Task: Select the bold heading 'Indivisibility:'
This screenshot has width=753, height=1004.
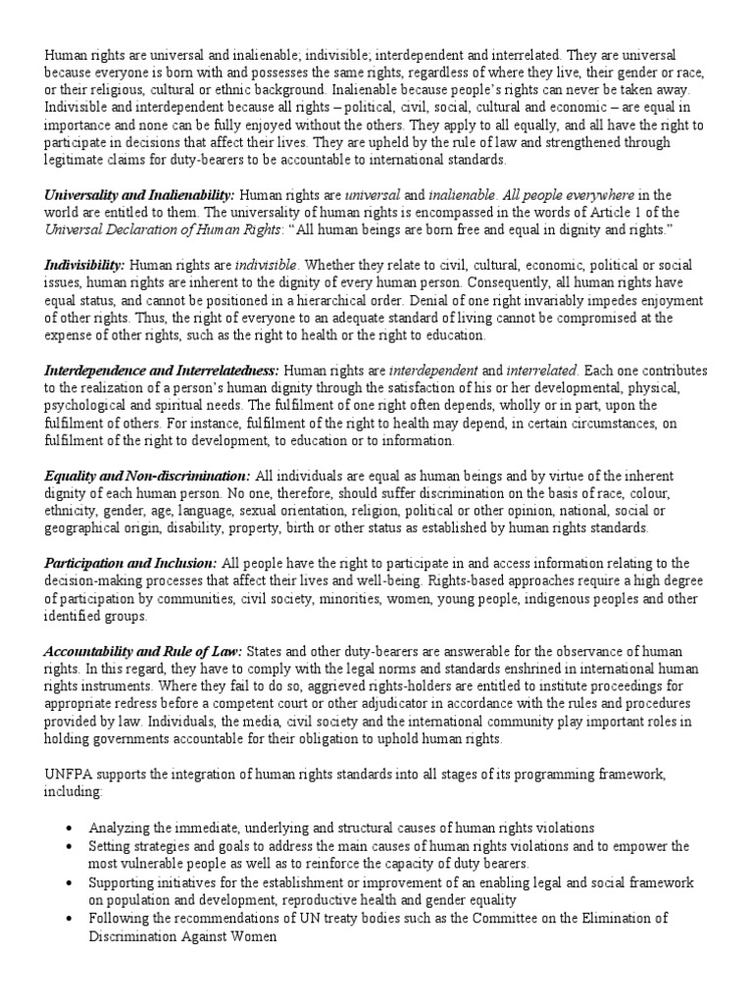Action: point(84,266)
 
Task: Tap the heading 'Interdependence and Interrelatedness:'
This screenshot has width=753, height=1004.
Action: point(162,371)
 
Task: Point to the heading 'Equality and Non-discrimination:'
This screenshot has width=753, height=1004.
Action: point(147,476)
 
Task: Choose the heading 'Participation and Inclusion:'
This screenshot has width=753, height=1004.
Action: point(131,562)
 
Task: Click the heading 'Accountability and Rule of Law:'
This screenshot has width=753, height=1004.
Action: point(144,651)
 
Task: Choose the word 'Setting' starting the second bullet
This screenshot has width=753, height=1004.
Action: point(110,846)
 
